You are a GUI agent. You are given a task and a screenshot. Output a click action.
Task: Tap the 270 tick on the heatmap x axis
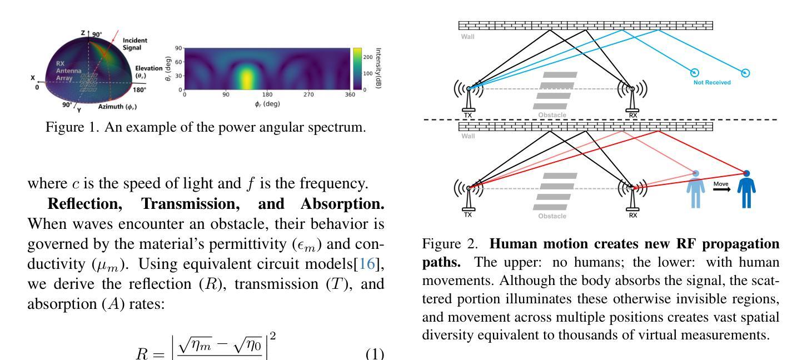[308, 94]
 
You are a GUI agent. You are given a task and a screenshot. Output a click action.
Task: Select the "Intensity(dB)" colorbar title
[378, 68]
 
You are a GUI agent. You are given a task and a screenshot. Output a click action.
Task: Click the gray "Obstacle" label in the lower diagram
[552, 216]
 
